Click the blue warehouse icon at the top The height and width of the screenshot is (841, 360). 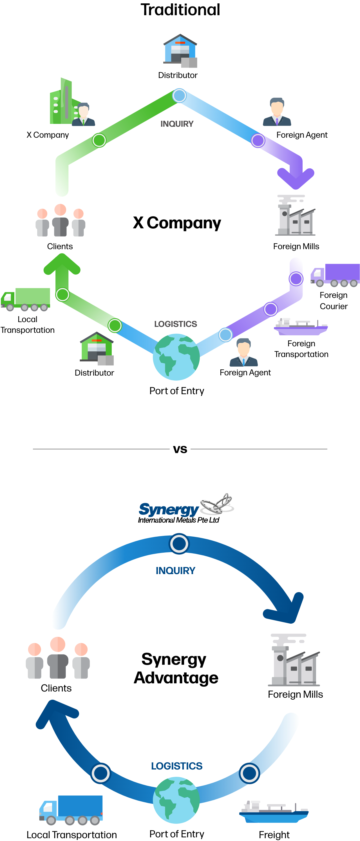(180, 51)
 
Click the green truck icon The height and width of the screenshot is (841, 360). (26, 299)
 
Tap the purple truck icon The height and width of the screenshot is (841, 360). (335, 275)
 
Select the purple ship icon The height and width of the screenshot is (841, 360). (301, 327)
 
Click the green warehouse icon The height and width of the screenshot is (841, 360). (97, 348)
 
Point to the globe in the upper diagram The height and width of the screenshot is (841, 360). (176, 357)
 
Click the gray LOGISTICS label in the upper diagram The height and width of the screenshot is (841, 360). (176, 324)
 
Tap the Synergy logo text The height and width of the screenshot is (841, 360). (168, 509)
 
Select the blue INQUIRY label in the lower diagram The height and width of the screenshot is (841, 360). (176, 570)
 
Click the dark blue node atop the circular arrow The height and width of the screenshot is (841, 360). (179, 544)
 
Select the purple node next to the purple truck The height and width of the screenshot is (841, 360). (296, 279)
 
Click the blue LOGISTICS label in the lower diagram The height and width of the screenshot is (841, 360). (176, 766)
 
